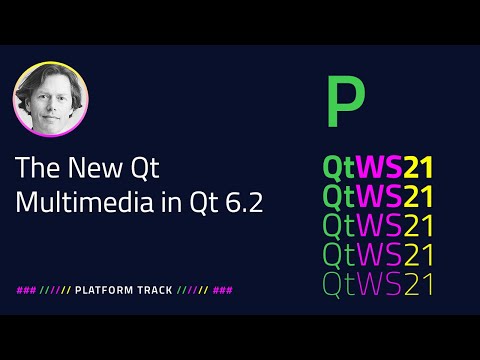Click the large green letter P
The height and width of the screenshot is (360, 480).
[x=346, y=101]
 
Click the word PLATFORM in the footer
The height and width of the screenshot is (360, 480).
[x=110, y=290]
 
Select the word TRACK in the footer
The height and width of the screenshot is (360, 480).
[x=154, y=290]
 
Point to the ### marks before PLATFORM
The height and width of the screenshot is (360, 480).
[x=27, y=290]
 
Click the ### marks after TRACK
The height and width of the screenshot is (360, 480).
[x=223, y=290]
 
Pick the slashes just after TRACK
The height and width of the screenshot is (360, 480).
[x=192, y=290]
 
